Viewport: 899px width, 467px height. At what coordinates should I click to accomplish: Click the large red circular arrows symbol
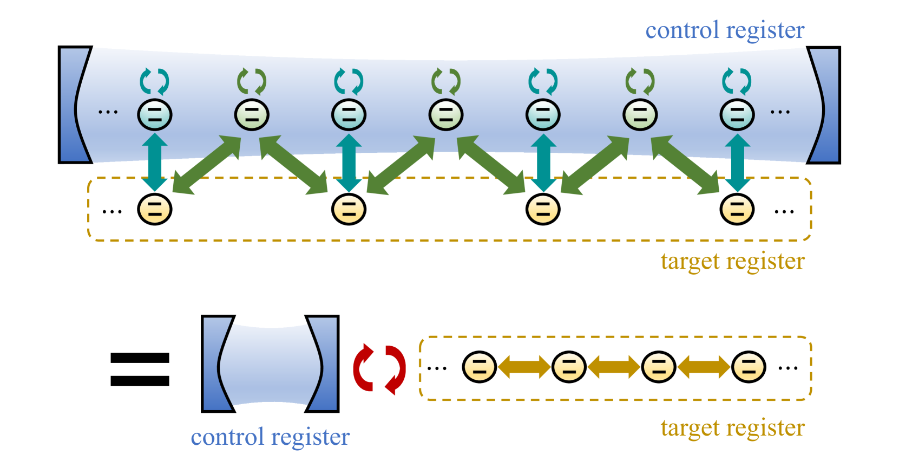(379, 369)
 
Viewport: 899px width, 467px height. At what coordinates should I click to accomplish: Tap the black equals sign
(140, 369)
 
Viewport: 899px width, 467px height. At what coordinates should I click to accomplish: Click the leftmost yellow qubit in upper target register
(155, 210)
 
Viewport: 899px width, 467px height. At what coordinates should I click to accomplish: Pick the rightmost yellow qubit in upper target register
(737, 210)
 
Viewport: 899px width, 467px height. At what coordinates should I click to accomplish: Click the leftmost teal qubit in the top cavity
(155, 115)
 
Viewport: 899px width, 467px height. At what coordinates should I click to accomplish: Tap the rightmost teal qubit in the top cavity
(737, 115)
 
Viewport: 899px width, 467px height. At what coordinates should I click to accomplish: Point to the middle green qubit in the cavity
(446, 115)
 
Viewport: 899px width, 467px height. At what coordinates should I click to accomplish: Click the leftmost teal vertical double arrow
(155, 162)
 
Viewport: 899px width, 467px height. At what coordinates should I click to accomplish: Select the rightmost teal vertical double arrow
(737, 162)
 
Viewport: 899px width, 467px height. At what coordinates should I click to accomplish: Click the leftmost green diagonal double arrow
(207, 165)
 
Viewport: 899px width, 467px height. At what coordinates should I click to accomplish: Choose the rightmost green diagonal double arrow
(685, 165)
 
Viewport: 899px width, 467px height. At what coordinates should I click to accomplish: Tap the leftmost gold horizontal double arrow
(524, 367)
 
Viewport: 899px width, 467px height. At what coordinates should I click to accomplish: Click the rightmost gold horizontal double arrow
(704, 367)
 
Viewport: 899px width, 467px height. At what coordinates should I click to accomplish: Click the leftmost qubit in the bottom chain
(480, 367)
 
